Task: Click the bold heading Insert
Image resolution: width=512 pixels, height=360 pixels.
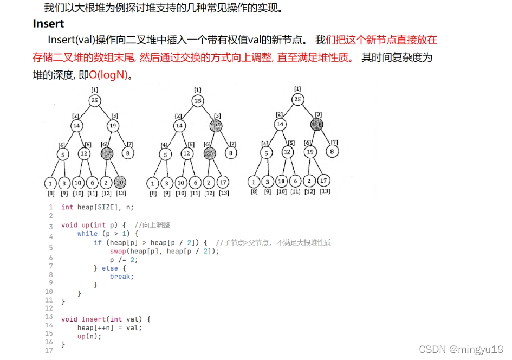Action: pos(48,24)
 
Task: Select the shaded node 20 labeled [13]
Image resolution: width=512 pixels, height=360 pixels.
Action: pos(120,182)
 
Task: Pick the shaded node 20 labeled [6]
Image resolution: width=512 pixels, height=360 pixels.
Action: pos(209,153)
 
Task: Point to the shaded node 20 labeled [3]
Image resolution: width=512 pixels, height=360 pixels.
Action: pos(316,125)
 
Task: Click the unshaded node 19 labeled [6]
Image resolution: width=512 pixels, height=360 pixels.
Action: pos(309,152)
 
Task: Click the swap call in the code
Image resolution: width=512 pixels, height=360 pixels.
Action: pos(118,251)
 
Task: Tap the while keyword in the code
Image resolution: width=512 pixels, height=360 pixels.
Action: pos(87,234)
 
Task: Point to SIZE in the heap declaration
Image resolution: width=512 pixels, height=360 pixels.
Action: pos(107,207)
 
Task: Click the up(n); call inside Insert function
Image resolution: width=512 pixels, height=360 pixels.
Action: pos(89,336)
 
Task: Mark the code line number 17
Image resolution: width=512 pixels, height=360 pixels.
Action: pos(49,351)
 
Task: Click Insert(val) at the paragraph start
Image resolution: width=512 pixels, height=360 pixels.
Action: pos(71,40)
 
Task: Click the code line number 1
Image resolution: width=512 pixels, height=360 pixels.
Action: pos(51,207)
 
